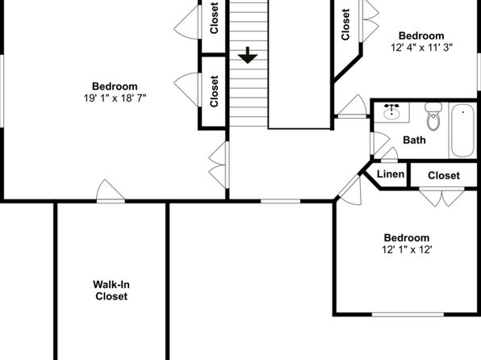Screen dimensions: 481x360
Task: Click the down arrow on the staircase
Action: coord(248,55)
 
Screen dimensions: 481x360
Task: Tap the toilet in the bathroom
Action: coord(433,116)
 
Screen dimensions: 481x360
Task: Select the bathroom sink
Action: coord(391,112)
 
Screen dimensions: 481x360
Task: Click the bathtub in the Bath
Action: coord(462,131)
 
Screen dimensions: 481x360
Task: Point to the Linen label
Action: coord(390,174)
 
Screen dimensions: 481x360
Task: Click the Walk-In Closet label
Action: coord(111,291)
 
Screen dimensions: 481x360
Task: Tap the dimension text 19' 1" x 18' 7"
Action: coord(115,98)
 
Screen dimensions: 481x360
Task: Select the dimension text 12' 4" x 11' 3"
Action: coord(421,48)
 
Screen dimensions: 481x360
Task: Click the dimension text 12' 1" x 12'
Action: coord(407,249)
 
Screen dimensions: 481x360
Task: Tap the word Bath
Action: coord(414,140)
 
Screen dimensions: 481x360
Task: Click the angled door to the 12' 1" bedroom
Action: coord(349,190)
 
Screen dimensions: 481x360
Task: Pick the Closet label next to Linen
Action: coord(444,175)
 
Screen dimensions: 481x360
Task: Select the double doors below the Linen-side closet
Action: coord(441,196)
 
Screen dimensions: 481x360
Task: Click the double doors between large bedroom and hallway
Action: coord(219,165)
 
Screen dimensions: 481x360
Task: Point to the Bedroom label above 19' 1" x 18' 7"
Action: coord(115,86)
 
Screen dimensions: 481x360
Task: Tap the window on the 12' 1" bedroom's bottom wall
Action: coord(408,314)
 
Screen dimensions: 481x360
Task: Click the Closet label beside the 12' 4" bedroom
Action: coord(345,24)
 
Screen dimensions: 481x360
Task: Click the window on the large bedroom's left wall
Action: coord(2,91)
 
